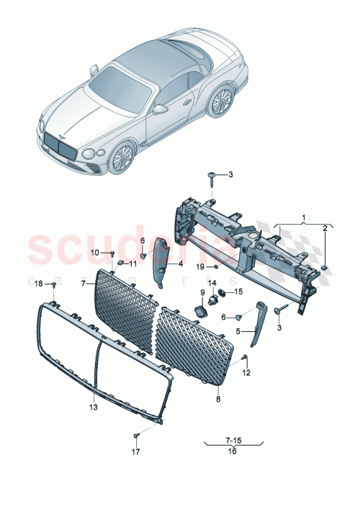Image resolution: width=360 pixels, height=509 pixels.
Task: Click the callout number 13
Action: [x=93, y=407]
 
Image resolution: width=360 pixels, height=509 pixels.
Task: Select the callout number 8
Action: [x=218, y=396]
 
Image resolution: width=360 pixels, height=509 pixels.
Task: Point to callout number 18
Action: [x=39, y=284]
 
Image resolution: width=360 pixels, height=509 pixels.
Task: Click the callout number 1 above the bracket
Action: [x=303, y=217]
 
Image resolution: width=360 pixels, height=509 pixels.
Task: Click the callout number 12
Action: [x=246, y=372]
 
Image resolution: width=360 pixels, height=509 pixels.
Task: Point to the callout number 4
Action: [x=181, y=263]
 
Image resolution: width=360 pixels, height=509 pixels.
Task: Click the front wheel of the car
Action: [x=123, y=158]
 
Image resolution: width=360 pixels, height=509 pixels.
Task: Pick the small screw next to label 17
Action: [x=135, y=436]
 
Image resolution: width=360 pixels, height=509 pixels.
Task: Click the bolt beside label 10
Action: [x=113, y=253]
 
